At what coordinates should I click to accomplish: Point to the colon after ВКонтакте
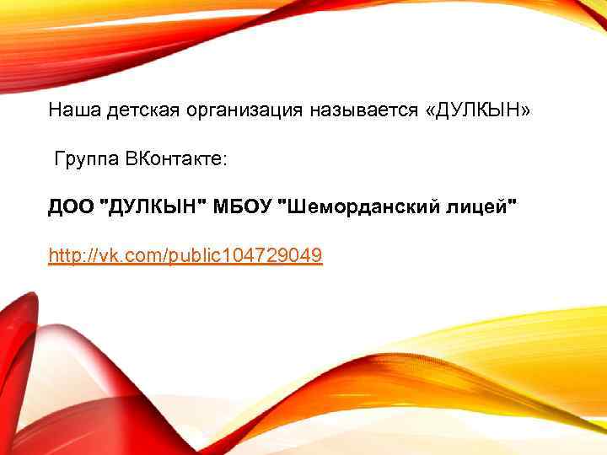[x=224, y=160]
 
